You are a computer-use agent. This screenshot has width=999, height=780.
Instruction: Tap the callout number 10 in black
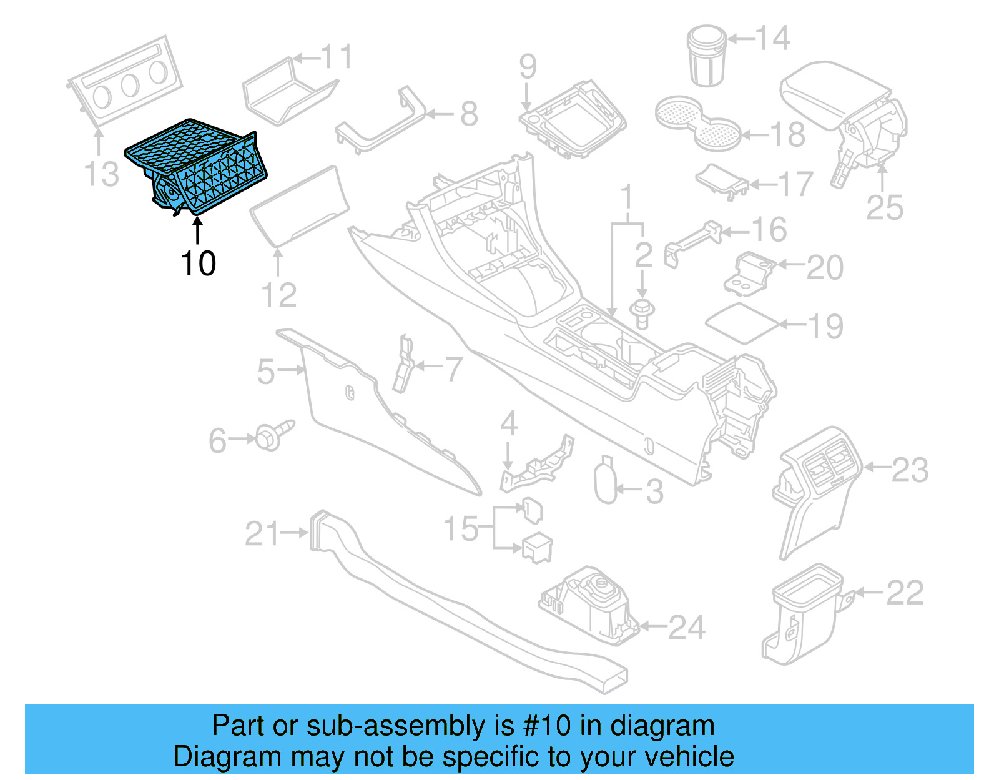click(198, 264)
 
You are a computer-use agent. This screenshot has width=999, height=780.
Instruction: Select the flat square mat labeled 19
click(742, 323)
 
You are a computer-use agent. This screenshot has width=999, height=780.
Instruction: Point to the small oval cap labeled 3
click(605, 481)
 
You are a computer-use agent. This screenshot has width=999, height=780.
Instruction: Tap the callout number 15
click(461, 529)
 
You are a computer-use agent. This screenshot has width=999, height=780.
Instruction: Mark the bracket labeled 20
click(749, 273)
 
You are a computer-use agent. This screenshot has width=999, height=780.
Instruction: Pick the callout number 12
click(278, 295)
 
